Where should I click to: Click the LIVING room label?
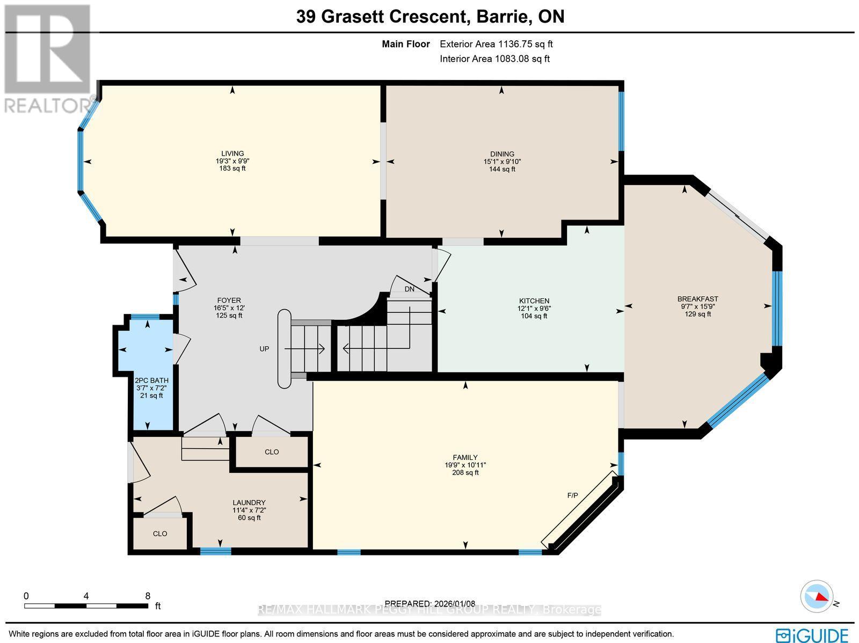(232, 154)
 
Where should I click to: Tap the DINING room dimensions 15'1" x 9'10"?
(501, 162)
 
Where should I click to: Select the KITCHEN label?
(534, 301)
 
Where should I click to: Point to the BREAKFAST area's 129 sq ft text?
(697, 314)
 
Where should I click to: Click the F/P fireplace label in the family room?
(573, 495)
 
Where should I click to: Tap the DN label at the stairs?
(410, 289)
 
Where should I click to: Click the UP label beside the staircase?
(264, 349)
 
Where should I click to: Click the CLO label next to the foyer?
(272, 452)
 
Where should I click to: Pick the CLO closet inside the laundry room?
(160, 534)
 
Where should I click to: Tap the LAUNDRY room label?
(249, 503)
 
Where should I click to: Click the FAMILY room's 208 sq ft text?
(465, 473)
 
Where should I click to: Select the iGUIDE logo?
(812, 635)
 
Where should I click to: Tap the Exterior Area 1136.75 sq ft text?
(496, 44)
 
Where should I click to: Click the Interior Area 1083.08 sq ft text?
(494, 59)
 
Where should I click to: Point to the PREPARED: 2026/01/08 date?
(429, 604)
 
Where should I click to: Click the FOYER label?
(228, 301)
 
